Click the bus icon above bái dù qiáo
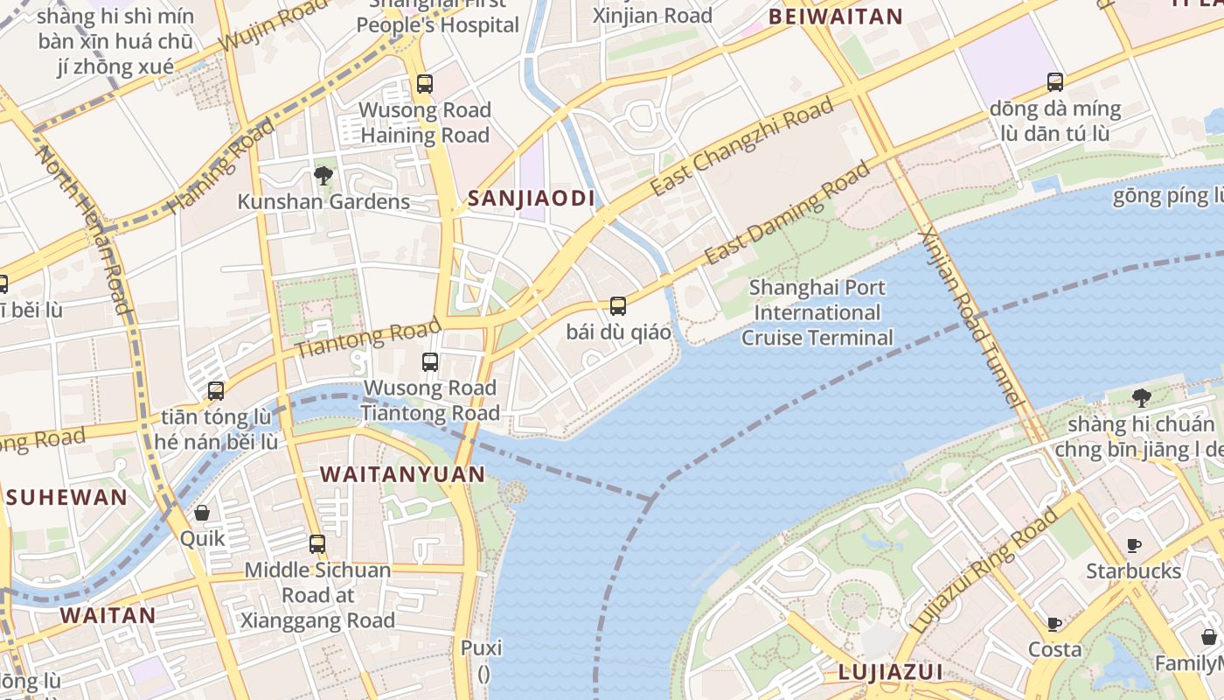coord(618,306)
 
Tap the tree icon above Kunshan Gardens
coord(323,176)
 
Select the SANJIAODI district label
coord(531,199)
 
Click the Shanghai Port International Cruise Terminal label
coord(817,312)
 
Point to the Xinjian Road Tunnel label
coord(970,319)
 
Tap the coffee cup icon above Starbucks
coord(1134,545)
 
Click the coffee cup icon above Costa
coord(1054,624)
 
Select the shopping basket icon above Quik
coord(202,513)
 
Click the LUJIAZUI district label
coord(890,672)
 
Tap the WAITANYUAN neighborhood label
coord(402,474)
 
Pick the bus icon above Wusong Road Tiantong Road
coord(430,362)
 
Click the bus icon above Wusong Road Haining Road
coord(425,84)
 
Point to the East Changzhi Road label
coord(741,147)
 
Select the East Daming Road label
coord(788,213)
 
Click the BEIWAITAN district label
coord(835,17)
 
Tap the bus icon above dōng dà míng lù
coord(1055,82)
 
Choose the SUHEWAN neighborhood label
coord(66,498)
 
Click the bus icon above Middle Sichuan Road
coord(317,544)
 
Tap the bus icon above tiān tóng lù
coord(216,391)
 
